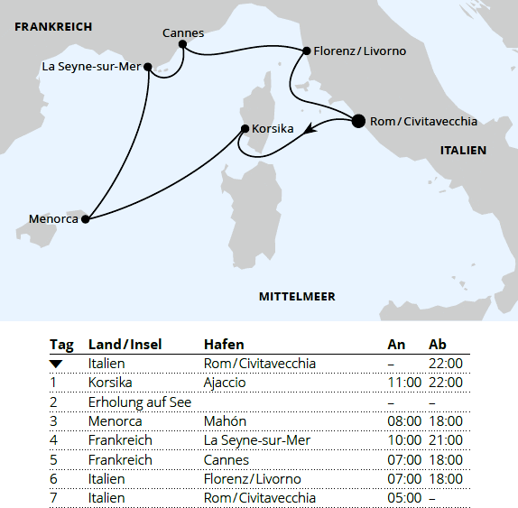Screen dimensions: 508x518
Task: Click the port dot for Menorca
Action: (85, 218)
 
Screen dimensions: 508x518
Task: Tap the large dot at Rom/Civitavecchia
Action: (357, 121)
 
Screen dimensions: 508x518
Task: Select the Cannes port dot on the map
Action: (182, 43)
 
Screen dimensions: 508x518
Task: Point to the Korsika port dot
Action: (245, 129)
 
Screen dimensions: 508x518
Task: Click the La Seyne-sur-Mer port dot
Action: (148, 66)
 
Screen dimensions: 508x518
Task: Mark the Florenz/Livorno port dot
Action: (307, 51)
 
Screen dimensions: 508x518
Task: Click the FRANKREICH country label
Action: (53, 27)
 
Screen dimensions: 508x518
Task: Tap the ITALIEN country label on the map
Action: (463, 151)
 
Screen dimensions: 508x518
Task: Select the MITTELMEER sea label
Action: (297, 296)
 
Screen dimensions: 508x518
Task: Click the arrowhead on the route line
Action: (310, 133)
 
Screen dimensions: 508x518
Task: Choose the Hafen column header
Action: (224, 345)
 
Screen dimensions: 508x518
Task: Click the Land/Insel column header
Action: (125, 345)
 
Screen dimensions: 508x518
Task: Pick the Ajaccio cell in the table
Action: (225, 383)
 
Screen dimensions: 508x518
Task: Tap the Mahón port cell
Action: (225, 421)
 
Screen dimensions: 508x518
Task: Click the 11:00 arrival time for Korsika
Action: (403, 383)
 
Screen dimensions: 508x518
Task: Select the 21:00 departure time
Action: (445, 440)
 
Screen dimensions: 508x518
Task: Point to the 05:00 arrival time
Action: (403, 498)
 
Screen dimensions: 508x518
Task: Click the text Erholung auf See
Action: (139, 402)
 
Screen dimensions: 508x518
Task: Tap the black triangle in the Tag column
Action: (56, 364)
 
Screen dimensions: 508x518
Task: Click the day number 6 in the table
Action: (53, 479)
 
